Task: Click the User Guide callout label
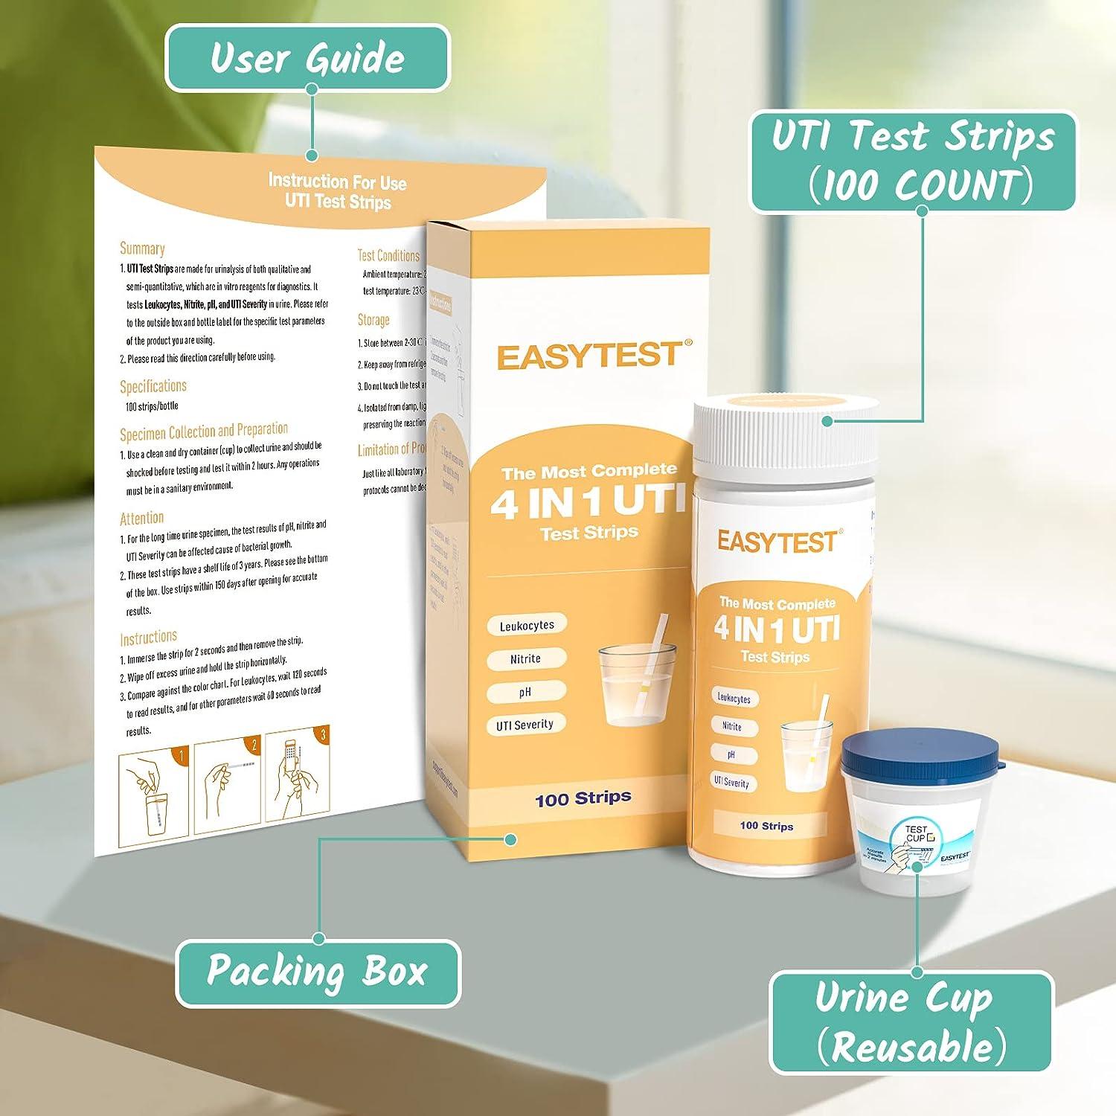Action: pyautogui.click(x=307, y=58)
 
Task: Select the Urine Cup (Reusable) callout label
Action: pyautogui.click(x=911, y=1022)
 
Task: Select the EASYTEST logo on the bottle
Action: pyautogui.click(x=777, y=542)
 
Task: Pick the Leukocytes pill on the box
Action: pyautogui.click(x=527, y=625)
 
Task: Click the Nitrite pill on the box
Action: pyautogui.click(x=525, y=658)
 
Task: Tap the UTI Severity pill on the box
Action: pyautogui.click(x=525, y=725)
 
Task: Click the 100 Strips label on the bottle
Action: pyautogui.click(x=766, y=826)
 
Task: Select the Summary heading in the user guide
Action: pyautogui.click(x=142, y=248)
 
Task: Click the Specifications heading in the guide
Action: pyautogui.click(x=153, y=386)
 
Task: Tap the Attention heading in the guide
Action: pyautogui.click(x=141, y=518)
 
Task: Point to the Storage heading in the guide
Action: pyautogui.click(x=373, y=320)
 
